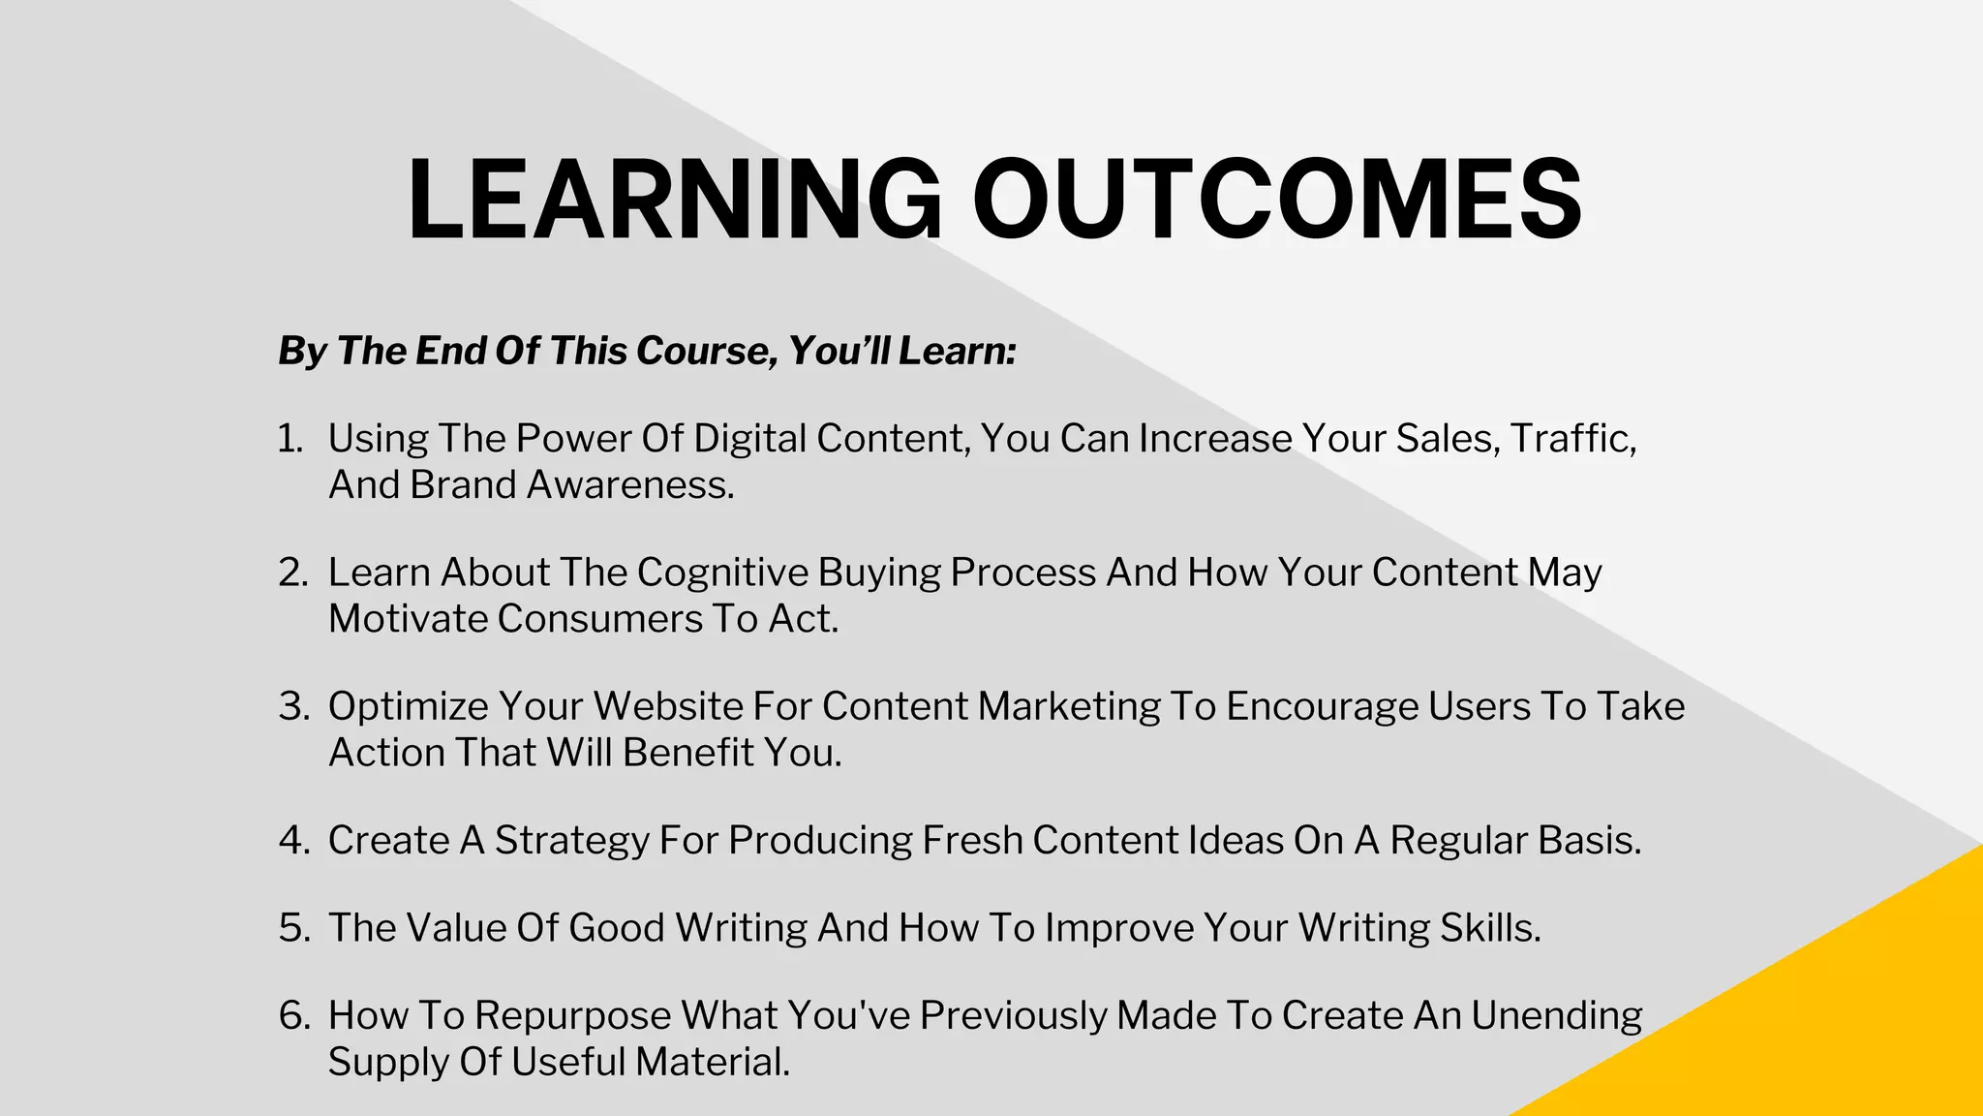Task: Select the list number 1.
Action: coord(289,439)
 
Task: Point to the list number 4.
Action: coord(292,840)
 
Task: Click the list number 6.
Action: coord(292,1015)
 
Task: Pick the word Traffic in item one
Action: coord(1571,439)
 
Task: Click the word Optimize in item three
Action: coord(408,706)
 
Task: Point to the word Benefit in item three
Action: coord(687,753)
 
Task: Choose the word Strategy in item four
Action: coord(571,840)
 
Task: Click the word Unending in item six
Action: coord(1556,1015)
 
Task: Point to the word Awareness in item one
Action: coord(629,485)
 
